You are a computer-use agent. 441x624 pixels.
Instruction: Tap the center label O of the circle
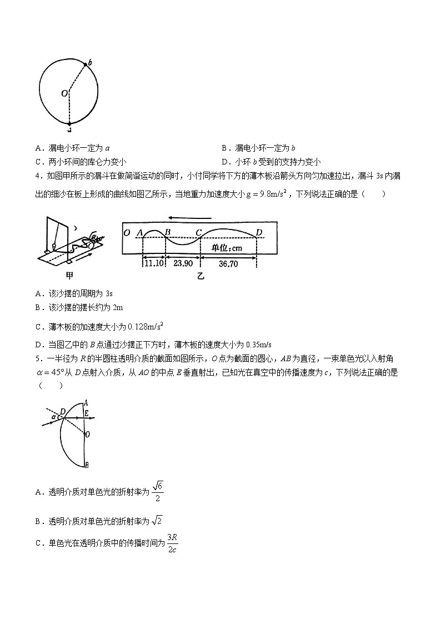(x=64, y=93)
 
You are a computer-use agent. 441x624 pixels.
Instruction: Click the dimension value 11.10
(x=153, y=264)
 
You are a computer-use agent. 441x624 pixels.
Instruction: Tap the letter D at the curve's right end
(x=259, y=232)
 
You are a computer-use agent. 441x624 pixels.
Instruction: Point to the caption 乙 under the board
(x=201, y=276)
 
